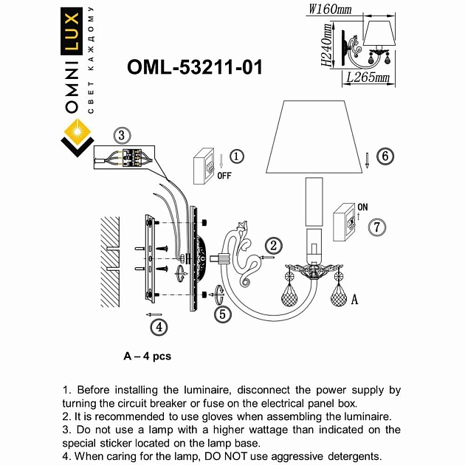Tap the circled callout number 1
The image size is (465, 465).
(235, 156)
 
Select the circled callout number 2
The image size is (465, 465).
(273, 246)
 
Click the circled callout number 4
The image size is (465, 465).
(157, 325)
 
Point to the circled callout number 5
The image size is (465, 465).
(223, 314)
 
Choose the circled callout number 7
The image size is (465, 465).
(377, 227)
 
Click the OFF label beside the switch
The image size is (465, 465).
(224, 176)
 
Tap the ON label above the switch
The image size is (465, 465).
(362, 207)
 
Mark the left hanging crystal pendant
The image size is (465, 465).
(288, 299)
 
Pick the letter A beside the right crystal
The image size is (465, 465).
(355, 300)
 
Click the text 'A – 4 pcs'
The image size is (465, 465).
(148, 356)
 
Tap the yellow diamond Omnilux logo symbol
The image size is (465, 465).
(77, 137)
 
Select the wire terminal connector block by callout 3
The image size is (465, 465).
(134, 157)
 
